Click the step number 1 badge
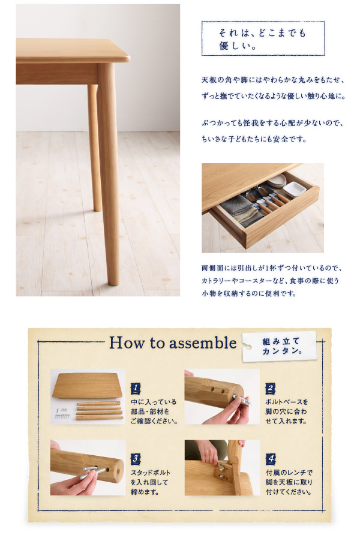coord(136,388)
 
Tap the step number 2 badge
coord(270,388)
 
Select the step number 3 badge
coord(136,459)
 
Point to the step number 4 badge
coord(271,459)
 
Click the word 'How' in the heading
coord(127,342)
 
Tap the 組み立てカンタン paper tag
coord(280,346)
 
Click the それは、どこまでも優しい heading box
coord(263,38)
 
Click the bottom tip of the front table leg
coord(113,284)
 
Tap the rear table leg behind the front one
coord(94,148)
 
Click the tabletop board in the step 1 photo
coord(88,386)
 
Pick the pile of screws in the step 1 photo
coord(62,413)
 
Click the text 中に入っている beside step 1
coord(154,402)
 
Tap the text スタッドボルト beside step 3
coord(151,473)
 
